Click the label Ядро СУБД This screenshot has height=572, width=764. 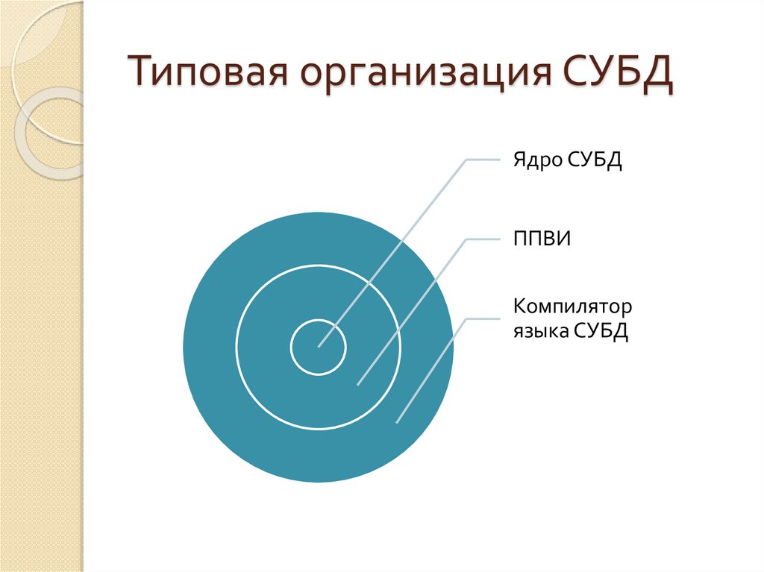[x=568, y=160]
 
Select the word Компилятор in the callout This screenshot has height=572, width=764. [x=572, y=307]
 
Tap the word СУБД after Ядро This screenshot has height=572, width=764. [x=594, y=160]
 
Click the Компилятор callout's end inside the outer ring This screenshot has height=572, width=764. [x=397, y=423]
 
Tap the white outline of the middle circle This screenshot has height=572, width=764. [x=237, y=348]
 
